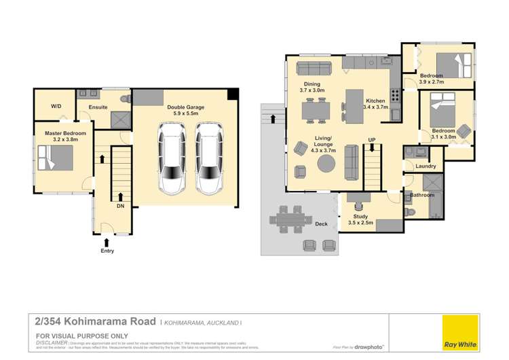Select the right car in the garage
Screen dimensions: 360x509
(209, 158)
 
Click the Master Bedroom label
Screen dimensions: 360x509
(65, 134)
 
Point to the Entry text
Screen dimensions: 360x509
(107, 251)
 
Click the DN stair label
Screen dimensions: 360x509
(120, 206)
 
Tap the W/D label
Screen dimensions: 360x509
(56, 107)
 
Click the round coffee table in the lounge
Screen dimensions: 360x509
(326, 164)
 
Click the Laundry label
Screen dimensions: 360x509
(426, 166)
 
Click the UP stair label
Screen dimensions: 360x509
(371, 140)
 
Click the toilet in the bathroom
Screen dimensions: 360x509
(409, 212)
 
